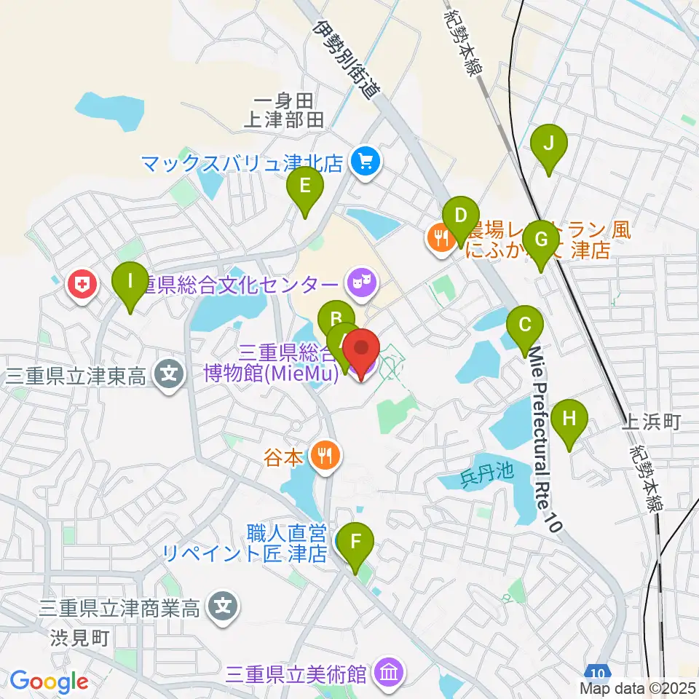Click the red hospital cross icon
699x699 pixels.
click(82, 284)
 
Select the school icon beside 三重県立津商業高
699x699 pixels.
click(221, 606)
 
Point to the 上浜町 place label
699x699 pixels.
click(652, 421)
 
